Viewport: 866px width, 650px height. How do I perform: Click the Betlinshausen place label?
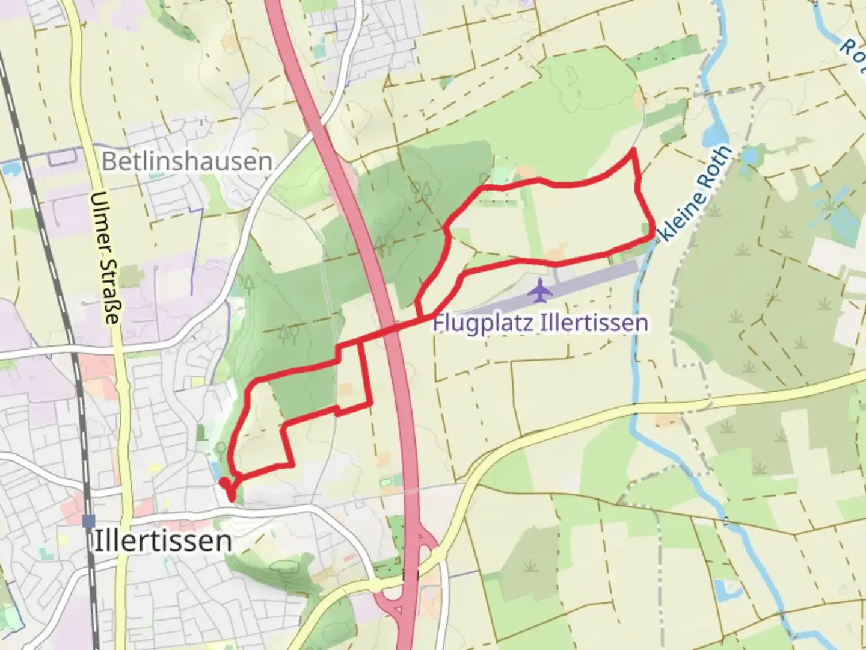click(x=186, y=161)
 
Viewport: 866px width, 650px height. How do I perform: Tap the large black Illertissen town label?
click(x=163, y=540)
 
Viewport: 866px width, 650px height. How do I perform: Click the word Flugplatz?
click(x=484, y=323)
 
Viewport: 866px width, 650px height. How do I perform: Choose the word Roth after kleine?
click(x=718, y=163)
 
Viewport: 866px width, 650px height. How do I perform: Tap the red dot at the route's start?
click(x=224, y=482)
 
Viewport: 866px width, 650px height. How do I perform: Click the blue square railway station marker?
click(x=90, y=521)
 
